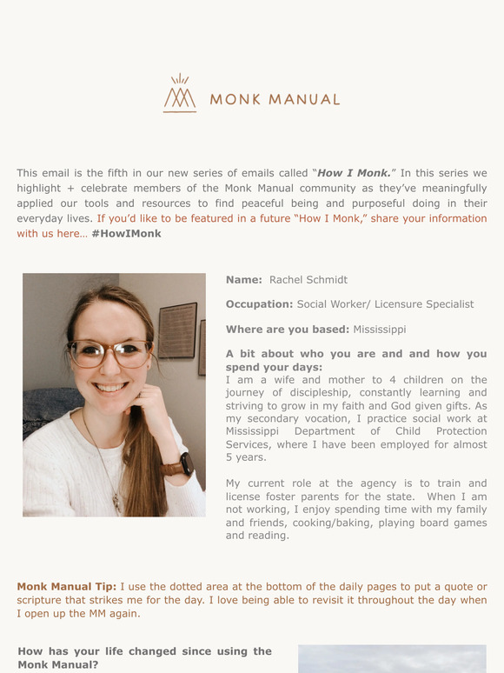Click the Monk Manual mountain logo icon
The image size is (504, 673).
click(180, 94)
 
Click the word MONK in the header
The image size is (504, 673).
click(235, 99)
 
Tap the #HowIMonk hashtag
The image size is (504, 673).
click(126, 234)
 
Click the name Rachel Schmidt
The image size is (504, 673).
click(308, 280)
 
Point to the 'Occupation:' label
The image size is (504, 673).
click(259, 304)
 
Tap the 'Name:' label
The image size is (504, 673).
click(243, 280)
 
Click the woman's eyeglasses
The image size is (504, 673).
click(109, 352)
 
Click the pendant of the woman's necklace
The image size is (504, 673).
click(116, 500)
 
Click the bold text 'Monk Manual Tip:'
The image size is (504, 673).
click(66, 587)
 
